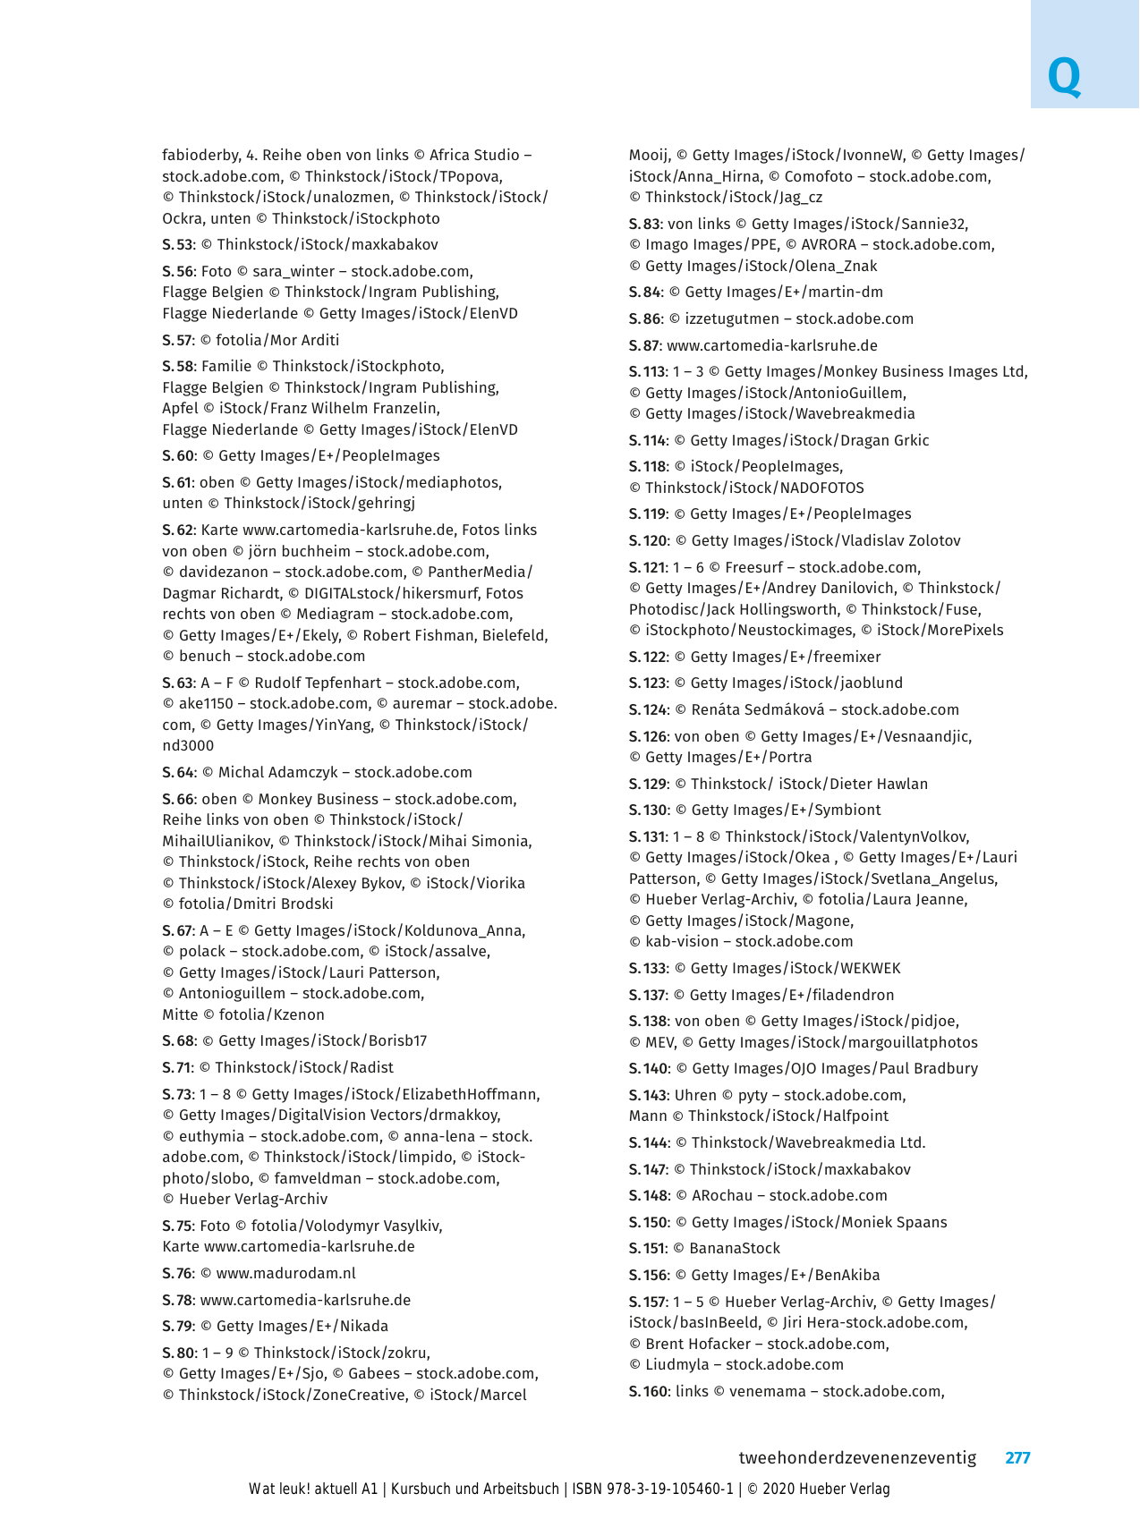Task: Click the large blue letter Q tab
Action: point(1064,78)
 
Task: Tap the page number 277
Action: point(1017,1457)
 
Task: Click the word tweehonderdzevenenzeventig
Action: point(856,1457)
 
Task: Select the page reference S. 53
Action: point(177,244)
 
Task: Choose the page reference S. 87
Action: point(644,345)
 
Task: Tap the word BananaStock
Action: point(735,1248)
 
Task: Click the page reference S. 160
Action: point(648,1391)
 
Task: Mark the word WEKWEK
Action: point(869,968)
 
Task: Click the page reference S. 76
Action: point(177,1273)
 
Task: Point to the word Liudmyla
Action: point(674,1364)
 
